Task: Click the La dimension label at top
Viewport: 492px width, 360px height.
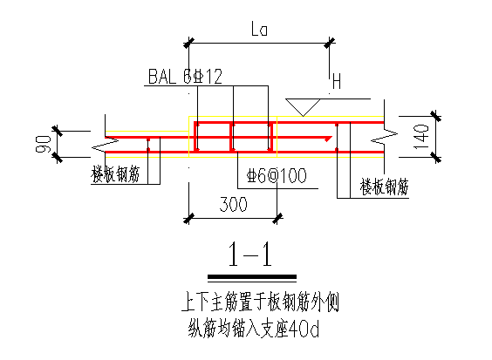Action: (x=259, y=29)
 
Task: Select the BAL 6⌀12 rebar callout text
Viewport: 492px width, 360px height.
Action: (x=185, y=76)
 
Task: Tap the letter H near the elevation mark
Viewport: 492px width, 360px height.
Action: (x=337, y=81)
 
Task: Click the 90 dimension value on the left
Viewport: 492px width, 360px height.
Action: (x=44, y=144)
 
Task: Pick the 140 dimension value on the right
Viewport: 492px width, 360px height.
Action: (x=420, y=137)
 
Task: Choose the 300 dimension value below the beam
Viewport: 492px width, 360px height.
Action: (x=233, y=204)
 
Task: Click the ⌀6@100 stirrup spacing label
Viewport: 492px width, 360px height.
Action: (x=277, y=175)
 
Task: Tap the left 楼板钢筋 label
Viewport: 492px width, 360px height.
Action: (x=115, y=174)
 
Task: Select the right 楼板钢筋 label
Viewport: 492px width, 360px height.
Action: (x=385, y=187)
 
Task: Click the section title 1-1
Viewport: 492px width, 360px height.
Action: (x=250, y=255)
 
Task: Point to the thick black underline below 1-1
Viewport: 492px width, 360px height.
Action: (x=252, y=276)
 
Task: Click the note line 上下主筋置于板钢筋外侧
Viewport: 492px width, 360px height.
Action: (x=260, y=302)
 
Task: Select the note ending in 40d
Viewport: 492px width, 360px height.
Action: (x=254, y=329)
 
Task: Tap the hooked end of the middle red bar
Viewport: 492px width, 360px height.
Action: (x=328, y=139)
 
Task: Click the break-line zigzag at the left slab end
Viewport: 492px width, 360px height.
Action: (x=105, y=146)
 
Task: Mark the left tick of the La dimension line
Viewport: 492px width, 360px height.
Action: (x=188, y=43)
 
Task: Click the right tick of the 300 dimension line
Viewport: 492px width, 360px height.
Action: (x=277, y=218)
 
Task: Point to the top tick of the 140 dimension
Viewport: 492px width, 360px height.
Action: (x=435, y=116)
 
